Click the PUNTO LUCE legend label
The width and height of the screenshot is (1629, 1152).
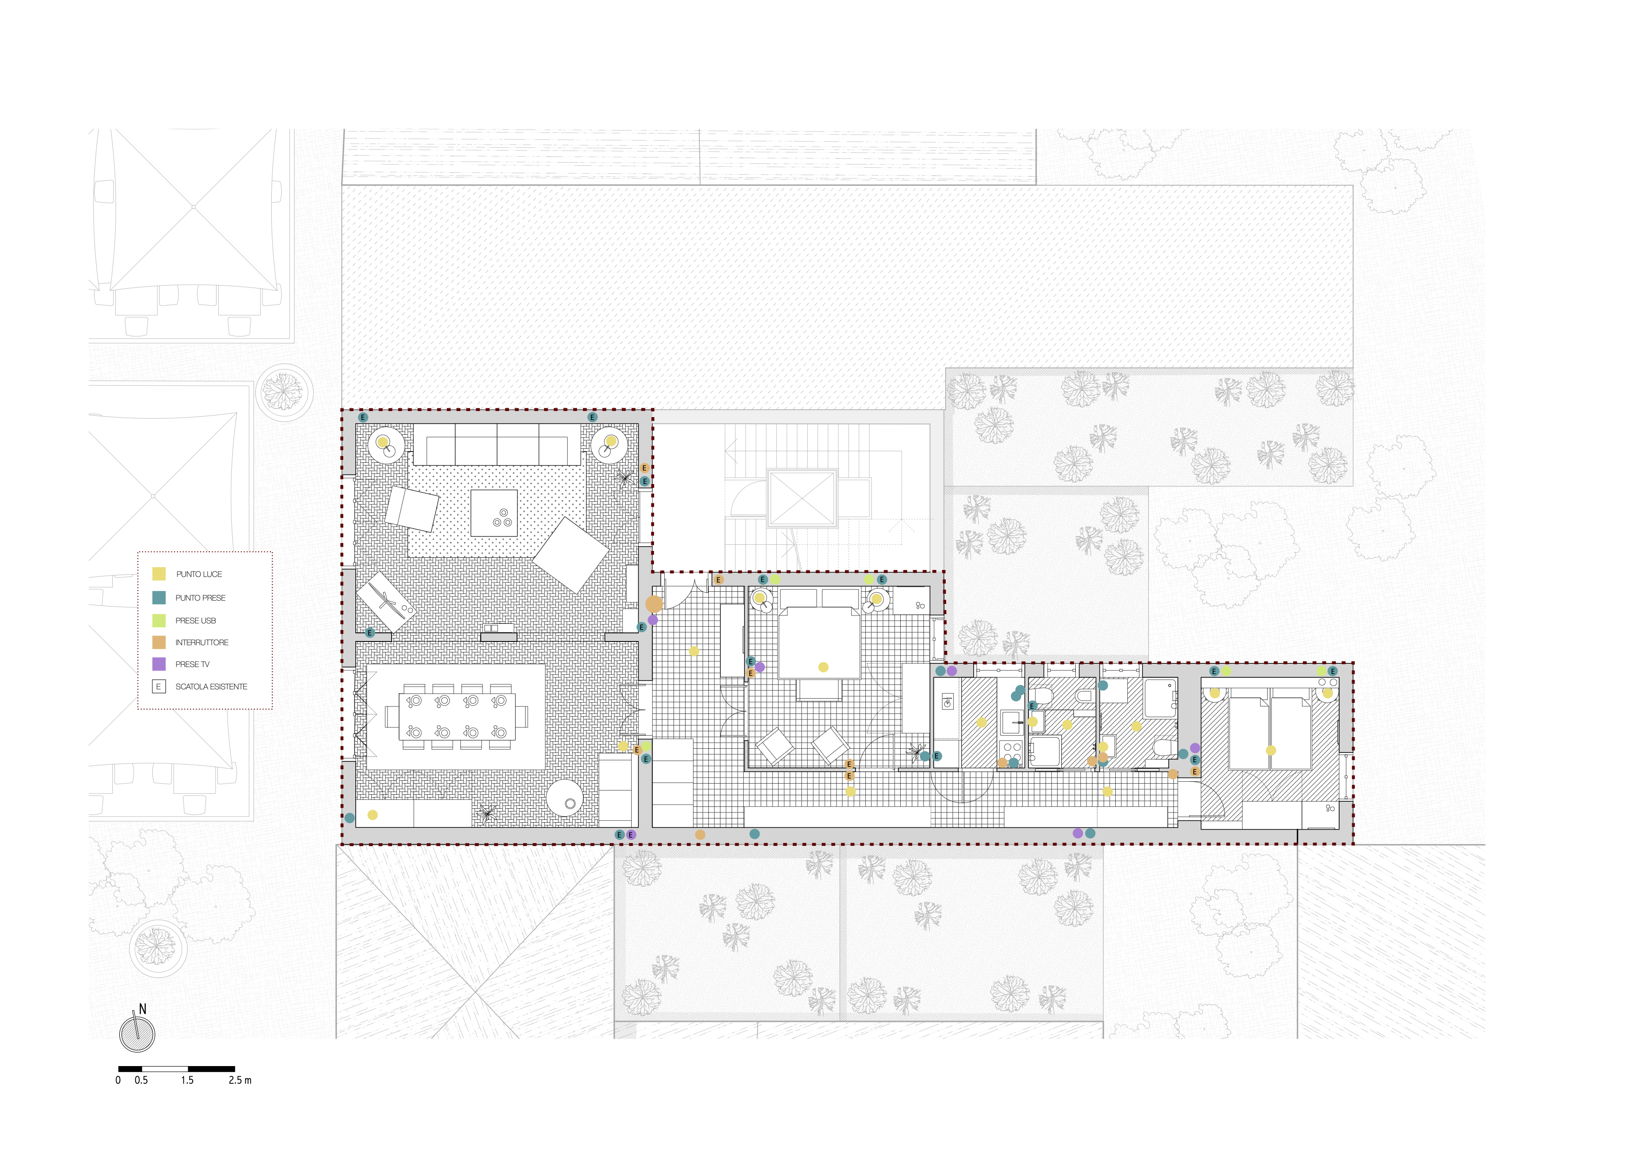[x=199, y=574]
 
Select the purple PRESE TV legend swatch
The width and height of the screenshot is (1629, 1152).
[x=159, y=664]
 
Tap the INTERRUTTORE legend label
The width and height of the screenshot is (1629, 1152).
[x=202, y=643]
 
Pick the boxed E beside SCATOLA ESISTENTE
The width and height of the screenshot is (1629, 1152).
[x=159, y=687]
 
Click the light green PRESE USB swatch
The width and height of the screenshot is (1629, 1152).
[x=159, y=620]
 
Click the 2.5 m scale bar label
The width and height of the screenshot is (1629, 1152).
[x=240, y=1080]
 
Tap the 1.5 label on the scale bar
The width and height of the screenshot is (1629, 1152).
[x=187, y=1080]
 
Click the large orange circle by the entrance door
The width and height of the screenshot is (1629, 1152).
[x=654, y=604]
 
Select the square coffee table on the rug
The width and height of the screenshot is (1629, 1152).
[x=494, y=513]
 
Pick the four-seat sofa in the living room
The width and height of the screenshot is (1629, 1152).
[x=498, y=444]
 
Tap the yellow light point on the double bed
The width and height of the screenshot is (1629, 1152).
[x=823, y=667]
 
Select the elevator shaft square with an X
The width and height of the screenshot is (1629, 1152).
[x=802, y=497]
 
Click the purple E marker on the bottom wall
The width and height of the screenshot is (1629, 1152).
[x=631, y=835]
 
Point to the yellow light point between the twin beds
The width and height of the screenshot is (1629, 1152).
[x=1271, y=751]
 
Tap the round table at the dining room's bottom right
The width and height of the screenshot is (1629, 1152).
[x=565, y=799]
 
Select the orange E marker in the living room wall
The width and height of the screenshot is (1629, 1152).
[x=644, y=468]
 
